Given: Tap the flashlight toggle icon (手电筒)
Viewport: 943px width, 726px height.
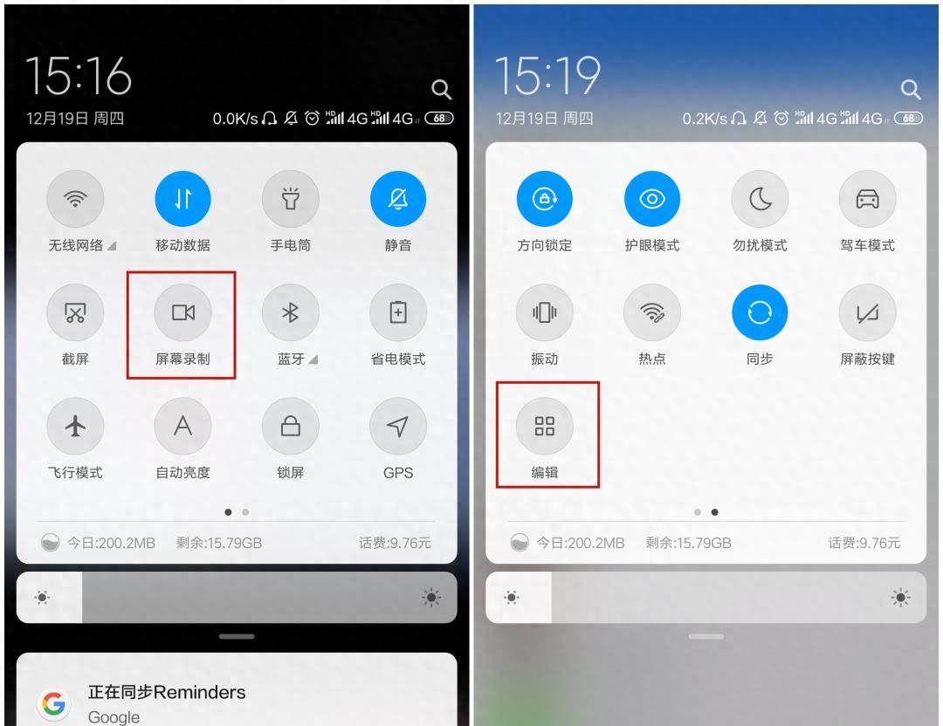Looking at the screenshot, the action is (291, 199).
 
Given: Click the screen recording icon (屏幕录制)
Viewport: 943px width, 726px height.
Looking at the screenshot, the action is (182, 312).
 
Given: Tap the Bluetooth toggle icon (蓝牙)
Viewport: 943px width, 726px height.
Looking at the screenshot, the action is (291, 312).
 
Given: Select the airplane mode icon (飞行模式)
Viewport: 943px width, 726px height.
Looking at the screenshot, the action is (75, 426).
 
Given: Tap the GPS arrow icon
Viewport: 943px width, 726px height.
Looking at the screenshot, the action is (398, 426).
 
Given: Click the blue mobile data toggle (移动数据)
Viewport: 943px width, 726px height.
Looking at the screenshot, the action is (182, 199).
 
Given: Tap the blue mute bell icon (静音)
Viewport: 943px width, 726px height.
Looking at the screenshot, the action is (398, 199).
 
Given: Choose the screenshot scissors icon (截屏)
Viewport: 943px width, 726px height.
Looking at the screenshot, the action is (75, 312).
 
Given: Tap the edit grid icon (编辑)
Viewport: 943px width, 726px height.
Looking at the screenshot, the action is (544, 426).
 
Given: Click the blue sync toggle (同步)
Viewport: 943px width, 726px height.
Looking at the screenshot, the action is (760, 312).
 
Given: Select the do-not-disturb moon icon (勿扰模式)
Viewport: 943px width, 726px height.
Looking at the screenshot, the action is (760, 199).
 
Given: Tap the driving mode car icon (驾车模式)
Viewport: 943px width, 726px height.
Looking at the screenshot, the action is (867, 199).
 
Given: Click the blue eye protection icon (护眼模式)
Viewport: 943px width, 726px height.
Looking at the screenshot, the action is (652, 199).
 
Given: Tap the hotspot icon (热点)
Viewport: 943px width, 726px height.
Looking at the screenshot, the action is (652, 312).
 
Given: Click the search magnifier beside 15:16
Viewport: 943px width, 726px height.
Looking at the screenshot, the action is (442, 90).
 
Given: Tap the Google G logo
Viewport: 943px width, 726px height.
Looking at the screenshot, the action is (53, 703).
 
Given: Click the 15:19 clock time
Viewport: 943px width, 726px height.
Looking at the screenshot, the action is (547, 76).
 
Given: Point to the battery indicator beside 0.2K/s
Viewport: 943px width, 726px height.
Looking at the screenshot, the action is (908, 119).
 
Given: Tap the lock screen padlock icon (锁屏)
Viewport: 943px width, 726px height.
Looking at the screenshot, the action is (291, 426).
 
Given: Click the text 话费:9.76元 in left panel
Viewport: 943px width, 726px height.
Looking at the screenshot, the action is (396, 544).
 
